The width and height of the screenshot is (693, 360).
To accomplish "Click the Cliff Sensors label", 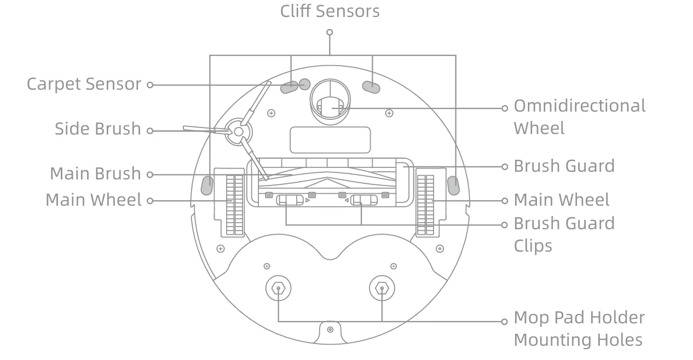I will click(x=330, y=11).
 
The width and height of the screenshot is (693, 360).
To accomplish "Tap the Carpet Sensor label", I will click(x=84, y=84).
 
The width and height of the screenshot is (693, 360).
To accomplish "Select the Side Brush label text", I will click(x=97, y=129).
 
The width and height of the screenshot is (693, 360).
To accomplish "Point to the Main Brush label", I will click(x=95, y=173).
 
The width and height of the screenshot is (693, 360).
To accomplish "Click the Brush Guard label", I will click(x=564, y=166).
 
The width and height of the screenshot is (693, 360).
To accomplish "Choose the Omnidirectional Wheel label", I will click(x=579, y=117).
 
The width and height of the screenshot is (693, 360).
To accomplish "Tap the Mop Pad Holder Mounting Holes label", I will click(x=579, y=328).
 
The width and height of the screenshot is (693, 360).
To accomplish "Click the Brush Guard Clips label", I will click(x=564, y=234).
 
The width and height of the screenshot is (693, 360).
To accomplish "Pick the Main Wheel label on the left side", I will click(x=93, y=200).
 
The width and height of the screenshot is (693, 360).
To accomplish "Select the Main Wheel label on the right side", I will click(x=561, y=200).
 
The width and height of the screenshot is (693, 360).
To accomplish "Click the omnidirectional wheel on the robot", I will click(x=330, y=107).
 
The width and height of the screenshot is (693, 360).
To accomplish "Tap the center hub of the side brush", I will click(x=238, y=132).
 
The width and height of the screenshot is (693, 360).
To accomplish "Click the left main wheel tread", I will click(x=234, y=205).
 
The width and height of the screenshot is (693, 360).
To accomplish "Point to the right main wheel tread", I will click(x=425, y=205).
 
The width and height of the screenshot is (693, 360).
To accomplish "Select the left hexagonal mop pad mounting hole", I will click(x=279, y=288).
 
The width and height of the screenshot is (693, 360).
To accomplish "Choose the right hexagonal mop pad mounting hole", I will click(x=382, y=288).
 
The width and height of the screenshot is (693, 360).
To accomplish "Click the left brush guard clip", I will click(x=289, y=200).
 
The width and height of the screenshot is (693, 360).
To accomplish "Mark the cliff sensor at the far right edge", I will click(x=453, y=185).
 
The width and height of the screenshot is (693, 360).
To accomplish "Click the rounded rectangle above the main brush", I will click(x=330, y=140).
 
